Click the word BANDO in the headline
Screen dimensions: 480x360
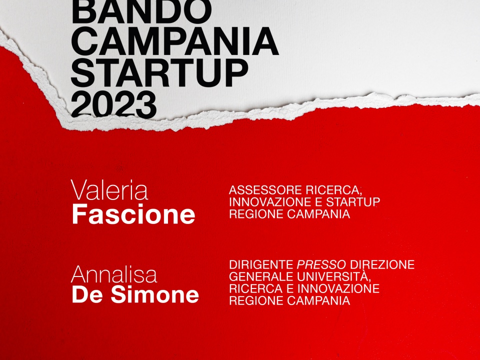(141, 11)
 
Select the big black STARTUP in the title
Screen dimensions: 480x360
(159, 73)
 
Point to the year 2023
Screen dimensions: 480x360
(114, 104)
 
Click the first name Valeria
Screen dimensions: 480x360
(109, 190)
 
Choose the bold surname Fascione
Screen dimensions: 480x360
(133, 214)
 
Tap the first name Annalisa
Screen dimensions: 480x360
(114, 274)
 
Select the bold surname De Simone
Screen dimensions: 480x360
(135, 294)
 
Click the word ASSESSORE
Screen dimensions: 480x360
(265, 190)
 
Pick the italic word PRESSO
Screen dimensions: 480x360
(321, 264)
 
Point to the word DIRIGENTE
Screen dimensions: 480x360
(261, 264)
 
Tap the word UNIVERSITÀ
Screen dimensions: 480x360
(333, 276)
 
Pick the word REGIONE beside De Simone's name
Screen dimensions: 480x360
(256, 300)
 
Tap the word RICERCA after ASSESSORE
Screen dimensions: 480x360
(333, 190)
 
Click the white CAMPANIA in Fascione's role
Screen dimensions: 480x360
(318, 214)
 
